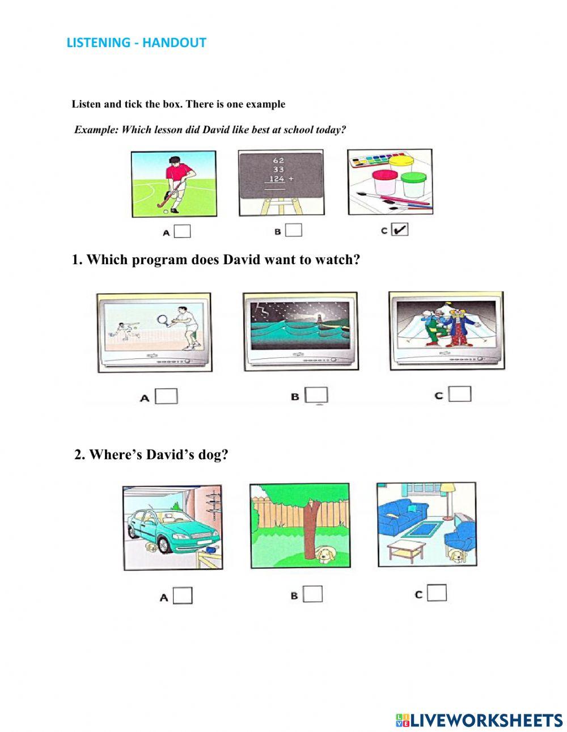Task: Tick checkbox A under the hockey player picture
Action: click(182, 231)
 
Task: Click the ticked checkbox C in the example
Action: click(399, 229)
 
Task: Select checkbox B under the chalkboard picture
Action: click(293, 230)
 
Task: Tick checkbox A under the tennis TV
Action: click(166, 396)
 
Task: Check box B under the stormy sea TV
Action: click(316, 395)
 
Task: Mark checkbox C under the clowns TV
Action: click(460, 393)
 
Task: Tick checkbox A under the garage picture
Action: click(183, 595)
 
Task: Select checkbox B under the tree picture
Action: click(312, 594)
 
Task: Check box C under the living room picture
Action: click(437, 593)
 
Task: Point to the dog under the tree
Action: click(325, 555)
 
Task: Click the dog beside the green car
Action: click(151, 547)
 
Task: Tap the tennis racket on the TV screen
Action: click(164, 319)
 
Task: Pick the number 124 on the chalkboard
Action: click(277, 179)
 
